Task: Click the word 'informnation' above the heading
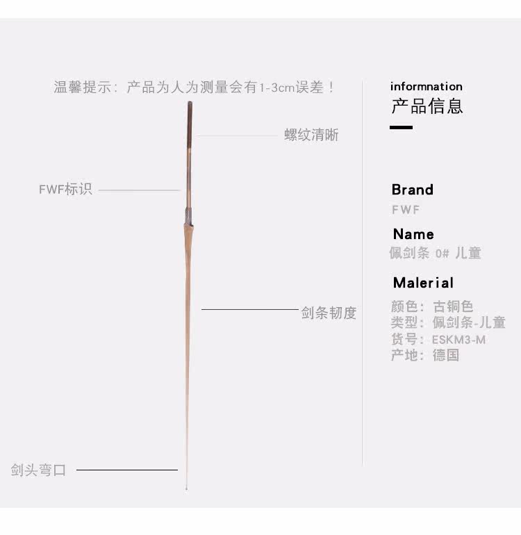click(x=426, y=87)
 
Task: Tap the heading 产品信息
click(x=427, y=106)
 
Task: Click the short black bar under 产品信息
click(x=401, y=127)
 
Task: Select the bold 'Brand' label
click(x=413, y=190)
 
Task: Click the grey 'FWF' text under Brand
click(x=406, y=210)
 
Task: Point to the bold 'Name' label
click(x=413, y=234)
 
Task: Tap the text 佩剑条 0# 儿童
click(x=435, y=253)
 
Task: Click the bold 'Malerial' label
click(x=423, y=283)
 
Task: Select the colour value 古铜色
click(x=453, y=306)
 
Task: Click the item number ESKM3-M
click(x=458, y=340)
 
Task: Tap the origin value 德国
click(x=445, y=355)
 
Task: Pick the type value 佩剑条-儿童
click(x=469, y=322)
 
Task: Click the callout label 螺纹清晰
click(x=311, y=135)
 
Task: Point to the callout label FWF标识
click(x=65, y=189)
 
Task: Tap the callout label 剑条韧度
click(x=329, y=313)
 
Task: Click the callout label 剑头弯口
click(x=38, y=470)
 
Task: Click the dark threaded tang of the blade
click(x=190, y=124)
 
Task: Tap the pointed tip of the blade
click(x=186, y=489)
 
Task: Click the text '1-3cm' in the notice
click(x=276, y=88)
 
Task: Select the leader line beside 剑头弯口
click(x=127, y=470)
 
